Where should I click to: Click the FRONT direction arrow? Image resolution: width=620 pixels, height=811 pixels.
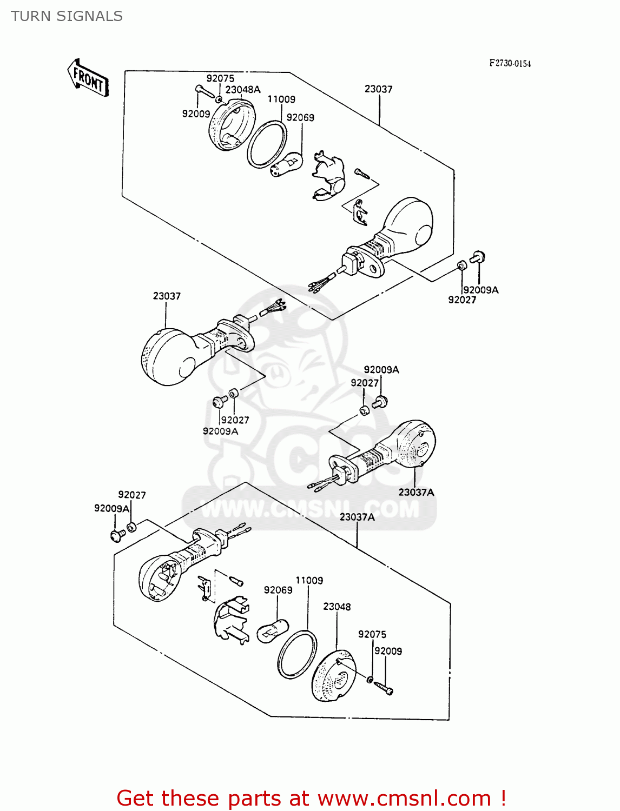(88, 78)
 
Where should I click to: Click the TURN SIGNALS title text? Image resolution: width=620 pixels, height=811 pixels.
(67, 16)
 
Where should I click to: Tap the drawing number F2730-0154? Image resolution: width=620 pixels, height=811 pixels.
(510, 63)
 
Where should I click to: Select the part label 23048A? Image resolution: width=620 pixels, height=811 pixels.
(243, 90)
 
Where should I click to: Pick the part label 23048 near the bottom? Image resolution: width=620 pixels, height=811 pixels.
(337, 607)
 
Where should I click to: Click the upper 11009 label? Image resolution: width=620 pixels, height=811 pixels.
(281, 99)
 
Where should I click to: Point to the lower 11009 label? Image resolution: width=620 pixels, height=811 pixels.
(309, 580)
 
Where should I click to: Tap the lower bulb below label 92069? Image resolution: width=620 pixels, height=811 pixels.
(270, 632)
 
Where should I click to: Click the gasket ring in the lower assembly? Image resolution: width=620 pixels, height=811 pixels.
(297, 654)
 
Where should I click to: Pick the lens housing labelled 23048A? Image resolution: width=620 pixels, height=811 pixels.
(231, 125)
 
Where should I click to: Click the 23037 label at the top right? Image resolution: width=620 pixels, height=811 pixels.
(378, 89)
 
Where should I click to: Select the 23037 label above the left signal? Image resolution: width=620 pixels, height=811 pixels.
(167, 296)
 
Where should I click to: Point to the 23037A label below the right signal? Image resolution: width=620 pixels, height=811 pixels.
(416, 492)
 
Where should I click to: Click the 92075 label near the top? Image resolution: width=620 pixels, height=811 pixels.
(220, 78)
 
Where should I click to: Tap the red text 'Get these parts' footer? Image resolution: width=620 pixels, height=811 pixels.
(311, 798)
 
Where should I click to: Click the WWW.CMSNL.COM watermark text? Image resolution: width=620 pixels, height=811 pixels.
(310, 509)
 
